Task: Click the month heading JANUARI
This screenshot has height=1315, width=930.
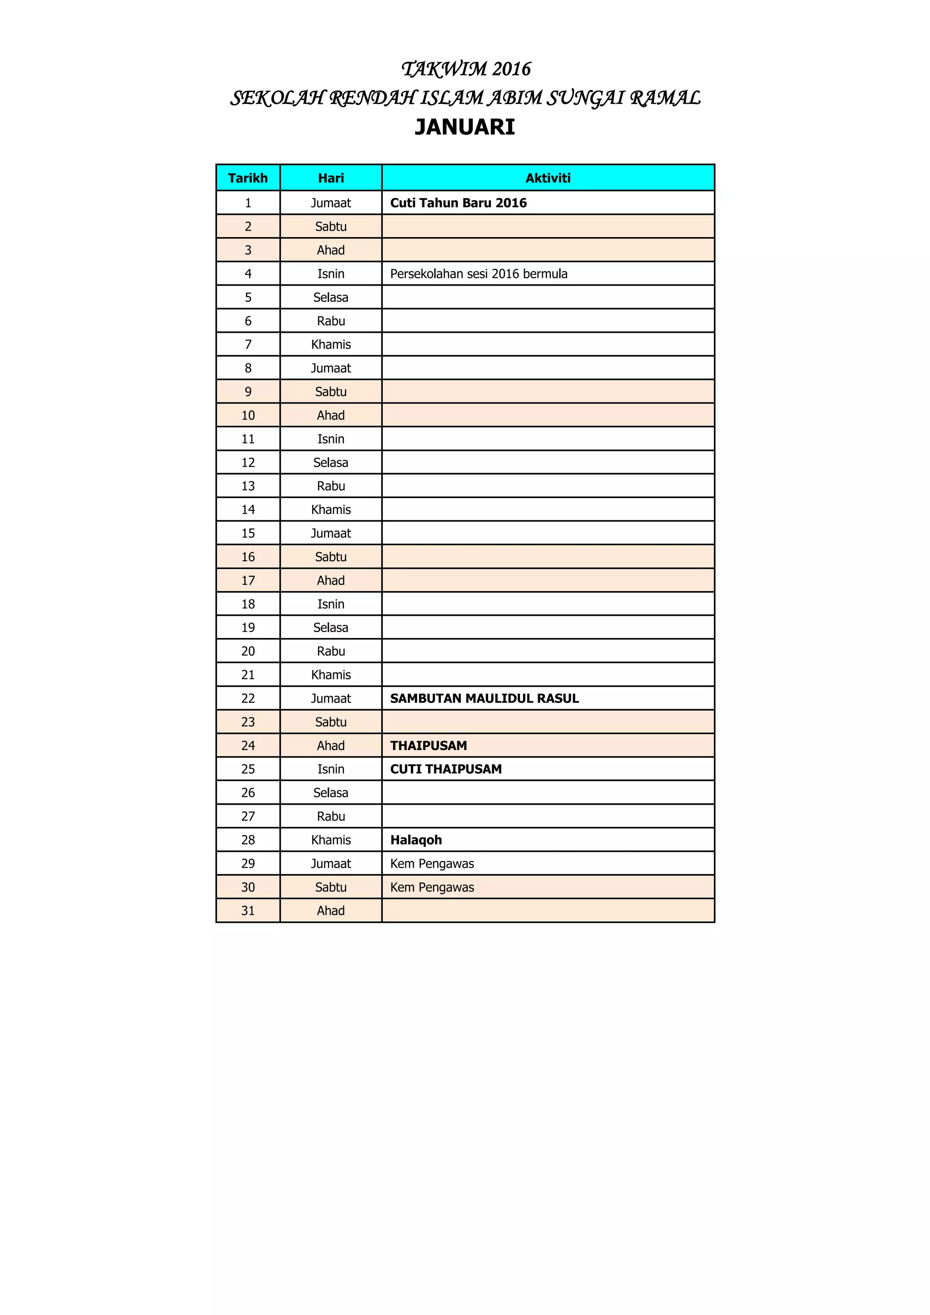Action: click(x=465, y=127)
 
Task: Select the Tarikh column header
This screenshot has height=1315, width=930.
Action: click(x=247, y=178)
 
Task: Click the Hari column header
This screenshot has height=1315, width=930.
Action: click(x=331, y=178)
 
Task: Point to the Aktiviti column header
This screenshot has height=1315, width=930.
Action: click(x=548, y=178)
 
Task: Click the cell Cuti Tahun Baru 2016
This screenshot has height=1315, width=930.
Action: click(x=458, y=203)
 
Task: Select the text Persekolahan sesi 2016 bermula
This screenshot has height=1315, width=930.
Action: click(x=478, y=274)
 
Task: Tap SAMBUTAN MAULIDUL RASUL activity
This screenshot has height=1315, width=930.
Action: click(x=484, y=698)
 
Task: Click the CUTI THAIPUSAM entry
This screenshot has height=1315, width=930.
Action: click(x=445, y=769)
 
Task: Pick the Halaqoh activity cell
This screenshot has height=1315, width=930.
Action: click(x=416, y=840)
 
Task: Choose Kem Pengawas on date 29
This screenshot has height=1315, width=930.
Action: click(x=432, y=863)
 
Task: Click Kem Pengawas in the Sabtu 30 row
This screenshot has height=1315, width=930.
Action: click(x=432, y=887)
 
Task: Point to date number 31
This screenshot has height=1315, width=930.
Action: click(x=247, y=911)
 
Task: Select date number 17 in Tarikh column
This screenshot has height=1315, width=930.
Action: click(x=247, y=580)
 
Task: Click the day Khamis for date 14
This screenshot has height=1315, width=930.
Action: click(x=331, y=510)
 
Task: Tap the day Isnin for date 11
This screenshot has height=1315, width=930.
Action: click(x=331, y=439)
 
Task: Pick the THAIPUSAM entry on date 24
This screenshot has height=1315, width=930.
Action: click(x=428, y=746)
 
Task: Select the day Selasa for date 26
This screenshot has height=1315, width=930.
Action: click(x=331, y=793)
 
